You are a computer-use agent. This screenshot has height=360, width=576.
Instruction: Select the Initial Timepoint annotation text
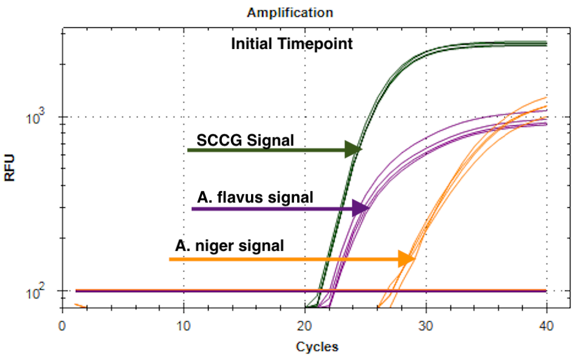pos(292,44)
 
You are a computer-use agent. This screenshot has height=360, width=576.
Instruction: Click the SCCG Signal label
pos(245,140)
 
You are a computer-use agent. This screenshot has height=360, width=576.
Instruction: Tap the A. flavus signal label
pos(255,197)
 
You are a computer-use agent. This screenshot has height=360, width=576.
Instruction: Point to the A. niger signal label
pos(229,246)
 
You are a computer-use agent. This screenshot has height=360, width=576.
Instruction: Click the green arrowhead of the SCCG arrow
pos(353,149)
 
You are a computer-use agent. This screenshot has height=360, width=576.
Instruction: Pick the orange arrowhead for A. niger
pos(406,259)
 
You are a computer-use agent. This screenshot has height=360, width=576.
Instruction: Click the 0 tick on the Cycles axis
pos(62,325)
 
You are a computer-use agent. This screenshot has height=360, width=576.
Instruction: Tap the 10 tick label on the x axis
pos(183,325)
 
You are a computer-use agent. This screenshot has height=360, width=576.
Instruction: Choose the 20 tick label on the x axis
pos(304,325)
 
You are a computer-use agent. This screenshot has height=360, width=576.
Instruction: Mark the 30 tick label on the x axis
pos(426,325)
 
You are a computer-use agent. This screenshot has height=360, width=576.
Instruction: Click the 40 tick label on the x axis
pos(547,325)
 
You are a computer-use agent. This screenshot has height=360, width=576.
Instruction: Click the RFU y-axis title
pos(10,168)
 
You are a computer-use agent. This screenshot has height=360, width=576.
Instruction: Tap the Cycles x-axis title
pos(316,347)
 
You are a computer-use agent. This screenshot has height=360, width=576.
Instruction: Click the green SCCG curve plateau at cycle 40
pos(544,43)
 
